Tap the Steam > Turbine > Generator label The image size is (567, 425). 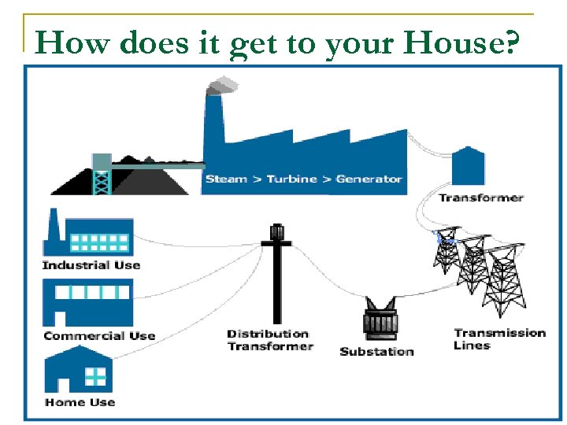[304, 179]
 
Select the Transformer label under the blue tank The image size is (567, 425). [481, 198]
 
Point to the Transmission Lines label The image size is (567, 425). [499, 339]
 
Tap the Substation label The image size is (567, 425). [376, 351]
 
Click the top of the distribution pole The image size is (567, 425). [276, 232]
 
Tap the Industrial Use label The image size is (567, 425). [91, 265]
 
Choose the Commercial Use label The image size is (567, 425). [99, 336]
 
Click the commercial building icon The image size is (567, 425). [88, 303]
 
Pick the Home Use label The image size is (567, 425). [80, 402]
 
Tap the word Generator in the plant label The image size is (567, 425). [369, 179]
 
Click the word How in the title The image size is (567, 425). [64, 42]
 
